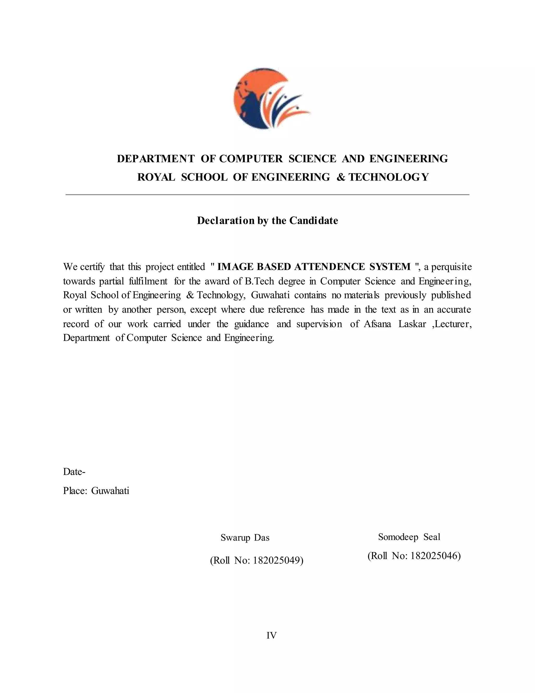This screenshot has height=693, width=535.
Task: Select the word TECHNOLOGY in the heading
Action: pos(388,177)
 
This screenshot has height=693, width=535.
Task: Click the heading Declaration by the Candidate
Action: pos(267,220)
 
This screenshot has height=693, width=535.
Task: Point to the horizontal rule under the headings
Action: pos(267,195)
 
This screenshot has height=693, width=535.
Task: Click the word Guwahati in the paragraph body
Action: pos(270,295)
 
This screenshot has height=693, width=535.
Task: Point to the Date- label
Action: pos(74,472)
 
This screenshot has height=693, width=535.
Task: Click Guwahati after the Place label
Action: pos(110,491)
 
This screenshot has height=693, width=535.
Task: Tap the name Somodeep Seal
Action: pos(409,537)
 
